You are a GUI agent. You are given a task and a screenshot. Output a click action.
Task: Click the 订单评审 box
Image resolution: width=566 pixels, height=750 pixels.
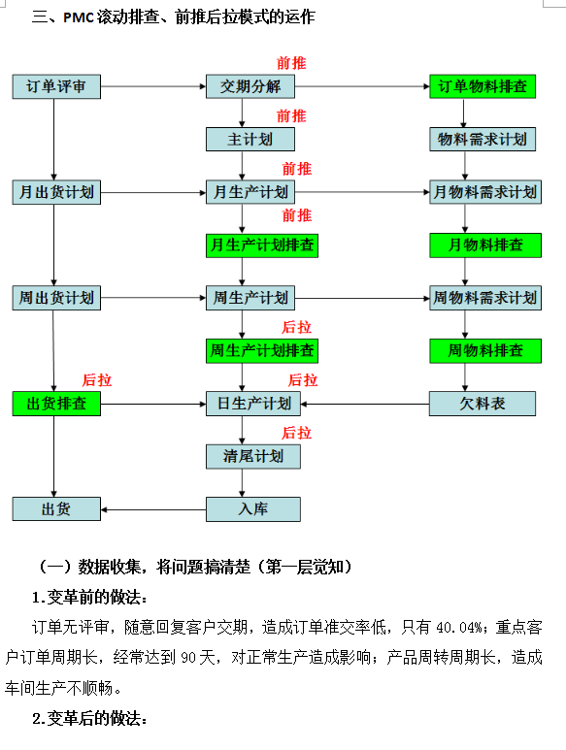[56, 86]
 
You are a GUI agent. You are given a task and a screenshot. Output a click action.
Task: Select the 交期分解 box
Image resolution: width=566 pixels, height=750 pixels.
[250, 86]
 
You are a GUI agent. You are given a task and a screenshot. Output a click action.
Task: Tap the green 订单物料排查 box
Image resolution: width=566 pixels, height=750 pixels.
[483, 86]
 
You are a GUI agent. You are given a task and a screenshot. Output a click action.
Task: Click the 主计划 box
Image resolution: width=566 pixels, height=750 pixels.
[250, 139]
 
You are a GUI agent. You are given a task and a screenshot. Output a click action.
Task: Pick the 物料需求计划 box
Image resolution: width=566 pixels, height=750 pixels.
[483, 139]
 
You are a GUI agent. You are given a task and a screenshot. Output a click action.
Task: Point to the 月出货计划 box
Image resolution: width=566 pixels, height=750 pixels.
[56, 192]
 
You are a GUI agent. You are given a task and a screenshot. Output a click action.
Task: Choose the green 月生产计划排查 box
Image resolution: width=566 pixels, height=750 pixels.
[262, 245]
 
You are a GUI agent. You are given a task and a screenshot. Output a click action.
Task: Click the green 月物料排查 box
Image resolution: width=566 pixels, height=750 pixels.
[485, 245]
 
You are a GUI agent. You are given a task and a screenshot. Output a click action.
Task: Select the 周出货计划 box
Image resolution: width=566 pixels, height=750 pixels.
[56, 298]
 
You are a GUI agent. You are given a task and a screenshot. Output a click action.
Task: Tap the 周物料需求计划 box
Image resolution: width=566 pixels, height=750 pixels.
[485, 298]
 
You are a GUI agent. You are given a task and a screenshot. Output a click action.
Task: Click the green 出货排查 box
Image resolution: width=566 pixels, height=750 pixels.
[56, 404]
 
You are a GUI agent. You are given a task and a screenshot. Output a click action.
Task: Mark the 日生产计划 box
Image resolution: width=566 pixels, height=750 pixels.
[253, 404]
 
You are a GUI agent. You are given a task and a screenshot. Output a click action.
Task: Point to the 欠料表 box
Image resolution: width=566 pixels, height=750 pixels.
[483, 404]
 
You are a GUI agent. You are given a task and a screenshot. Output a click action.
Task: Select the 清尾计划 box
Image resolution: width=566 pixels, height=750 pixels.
[253, 457]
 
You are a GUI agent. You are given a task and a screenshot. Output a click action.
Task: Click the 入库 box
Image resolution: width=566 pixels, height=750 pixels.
[253, 509]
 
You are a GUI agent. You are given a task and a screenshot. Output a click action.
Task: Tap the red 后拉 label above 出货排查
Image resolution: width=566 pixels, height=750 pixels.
[97, 380]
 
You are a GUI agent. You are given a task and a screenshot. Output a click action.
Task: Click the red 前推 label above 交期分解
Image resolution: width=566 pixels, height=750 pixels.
[291, 63]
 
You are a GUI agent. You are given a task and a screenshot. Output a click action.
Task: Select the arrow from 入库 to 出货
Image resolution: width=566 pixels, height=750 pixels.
[153, 510]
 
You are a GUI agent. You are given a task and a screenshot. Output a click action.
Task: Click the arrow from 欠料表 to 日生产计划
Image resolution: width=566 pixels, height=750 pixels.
[365, 405]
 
